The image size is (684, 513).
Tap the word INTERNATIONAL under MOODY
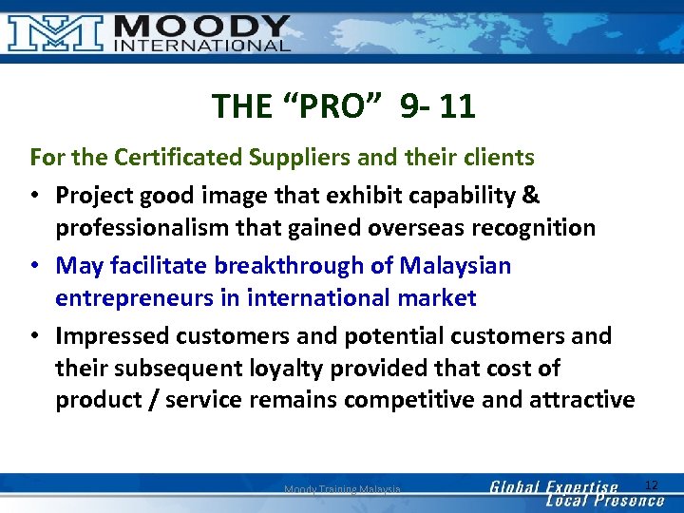click(x=201, y=45)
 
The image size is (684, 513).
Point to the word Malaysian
click(x=455, y=265)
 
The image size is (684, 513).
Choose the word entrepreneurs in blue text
click(x=147, y=298)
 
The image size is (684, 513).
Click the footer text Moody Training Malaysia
click(x=342, y=489)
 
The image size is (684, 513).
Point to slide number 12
click(x=652, y=485)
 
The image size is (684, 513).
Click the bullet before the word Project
click(x=35, y=196)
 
